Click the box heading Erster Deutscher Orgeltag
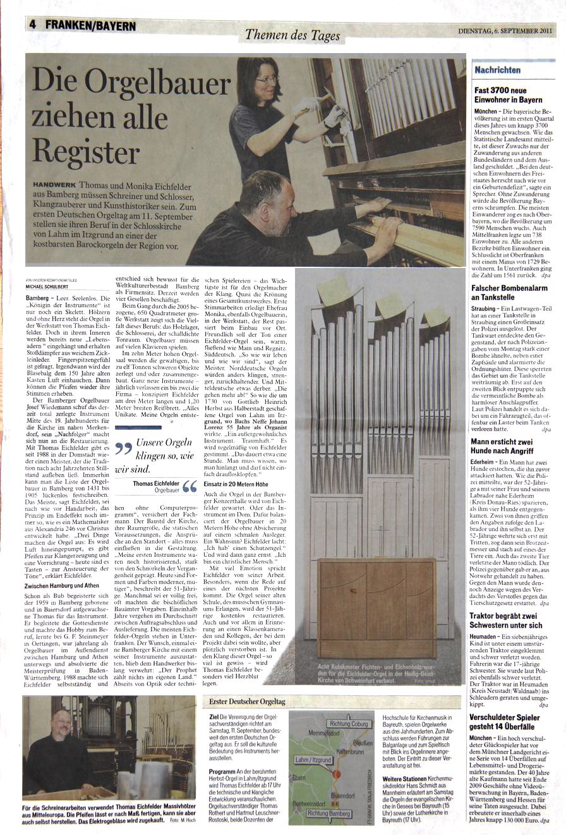[x=247, y=702]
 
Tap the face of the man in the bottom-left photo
[x=61, y=721]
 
